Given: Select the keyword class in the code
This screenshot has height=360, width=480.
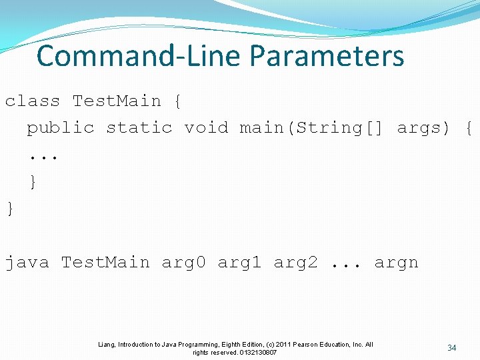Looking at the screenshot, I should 33,101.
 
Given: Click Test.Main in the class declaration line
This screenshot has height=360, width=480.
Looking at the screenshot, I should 117,101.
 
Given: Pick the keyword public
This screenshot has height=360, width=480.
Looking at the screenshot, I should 61,127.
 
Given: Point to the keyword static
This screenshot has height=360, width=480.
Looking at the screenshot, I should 139,127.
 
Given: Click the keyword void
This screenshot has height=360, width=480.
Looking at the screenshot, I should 206,127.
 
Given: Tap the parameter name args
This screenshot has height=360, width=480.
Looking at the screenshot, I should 418,128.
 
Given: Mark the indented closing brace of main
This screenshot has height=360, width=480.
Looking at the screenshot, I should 32,181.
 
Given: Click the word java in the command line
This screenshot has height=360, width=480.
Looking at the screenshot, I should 27,263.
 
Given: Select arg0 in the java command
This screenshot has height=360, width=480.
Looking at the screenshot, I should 184,263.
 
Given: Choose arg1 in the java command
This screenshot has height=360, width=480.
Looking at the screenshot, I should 240,263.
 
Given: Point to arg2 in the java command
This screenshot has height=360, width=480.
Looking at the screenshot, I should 296,263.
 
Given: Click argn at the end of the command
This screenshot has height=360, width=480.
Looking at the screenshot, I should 396,263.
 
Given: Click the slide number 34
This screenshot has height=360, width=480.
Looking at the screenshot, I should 451,348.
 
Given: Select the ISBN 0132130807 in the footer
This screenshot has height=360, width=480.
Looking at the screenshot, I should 258,352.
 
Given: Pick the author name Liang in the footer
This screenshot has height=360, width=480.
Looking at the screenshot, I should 106,345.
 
